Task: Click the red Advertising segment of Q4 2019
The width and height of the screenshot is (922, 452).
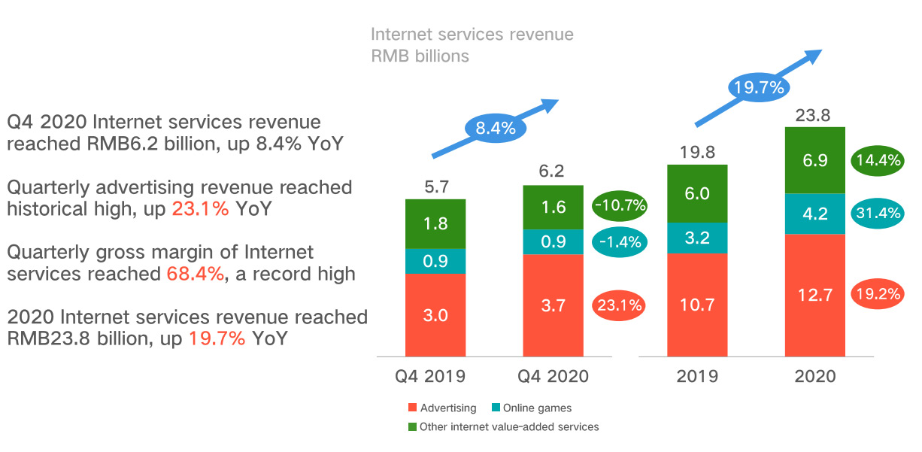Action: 435,314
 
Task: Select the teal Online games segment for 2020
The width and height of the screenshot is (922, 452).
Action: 815,214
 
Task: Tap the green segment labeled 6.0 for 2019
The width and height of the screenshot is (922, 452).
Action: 697,193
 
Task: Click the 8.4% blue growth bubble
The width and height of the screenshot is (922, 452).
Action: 495,128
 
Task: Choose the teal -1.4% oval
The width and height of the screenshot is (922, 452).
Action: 620,242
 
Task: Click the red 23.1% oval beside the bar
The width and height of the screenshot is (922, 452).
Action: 620,305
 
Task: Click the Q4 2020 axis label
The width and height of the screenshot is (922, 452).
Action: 554,376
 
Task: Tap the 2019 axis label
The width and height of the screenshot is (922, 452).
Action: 697,376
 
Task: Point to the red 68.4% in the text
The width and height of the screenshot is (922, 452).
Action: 195,274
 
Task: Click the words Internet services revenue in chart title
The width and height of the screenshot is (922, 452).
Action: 472,35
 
